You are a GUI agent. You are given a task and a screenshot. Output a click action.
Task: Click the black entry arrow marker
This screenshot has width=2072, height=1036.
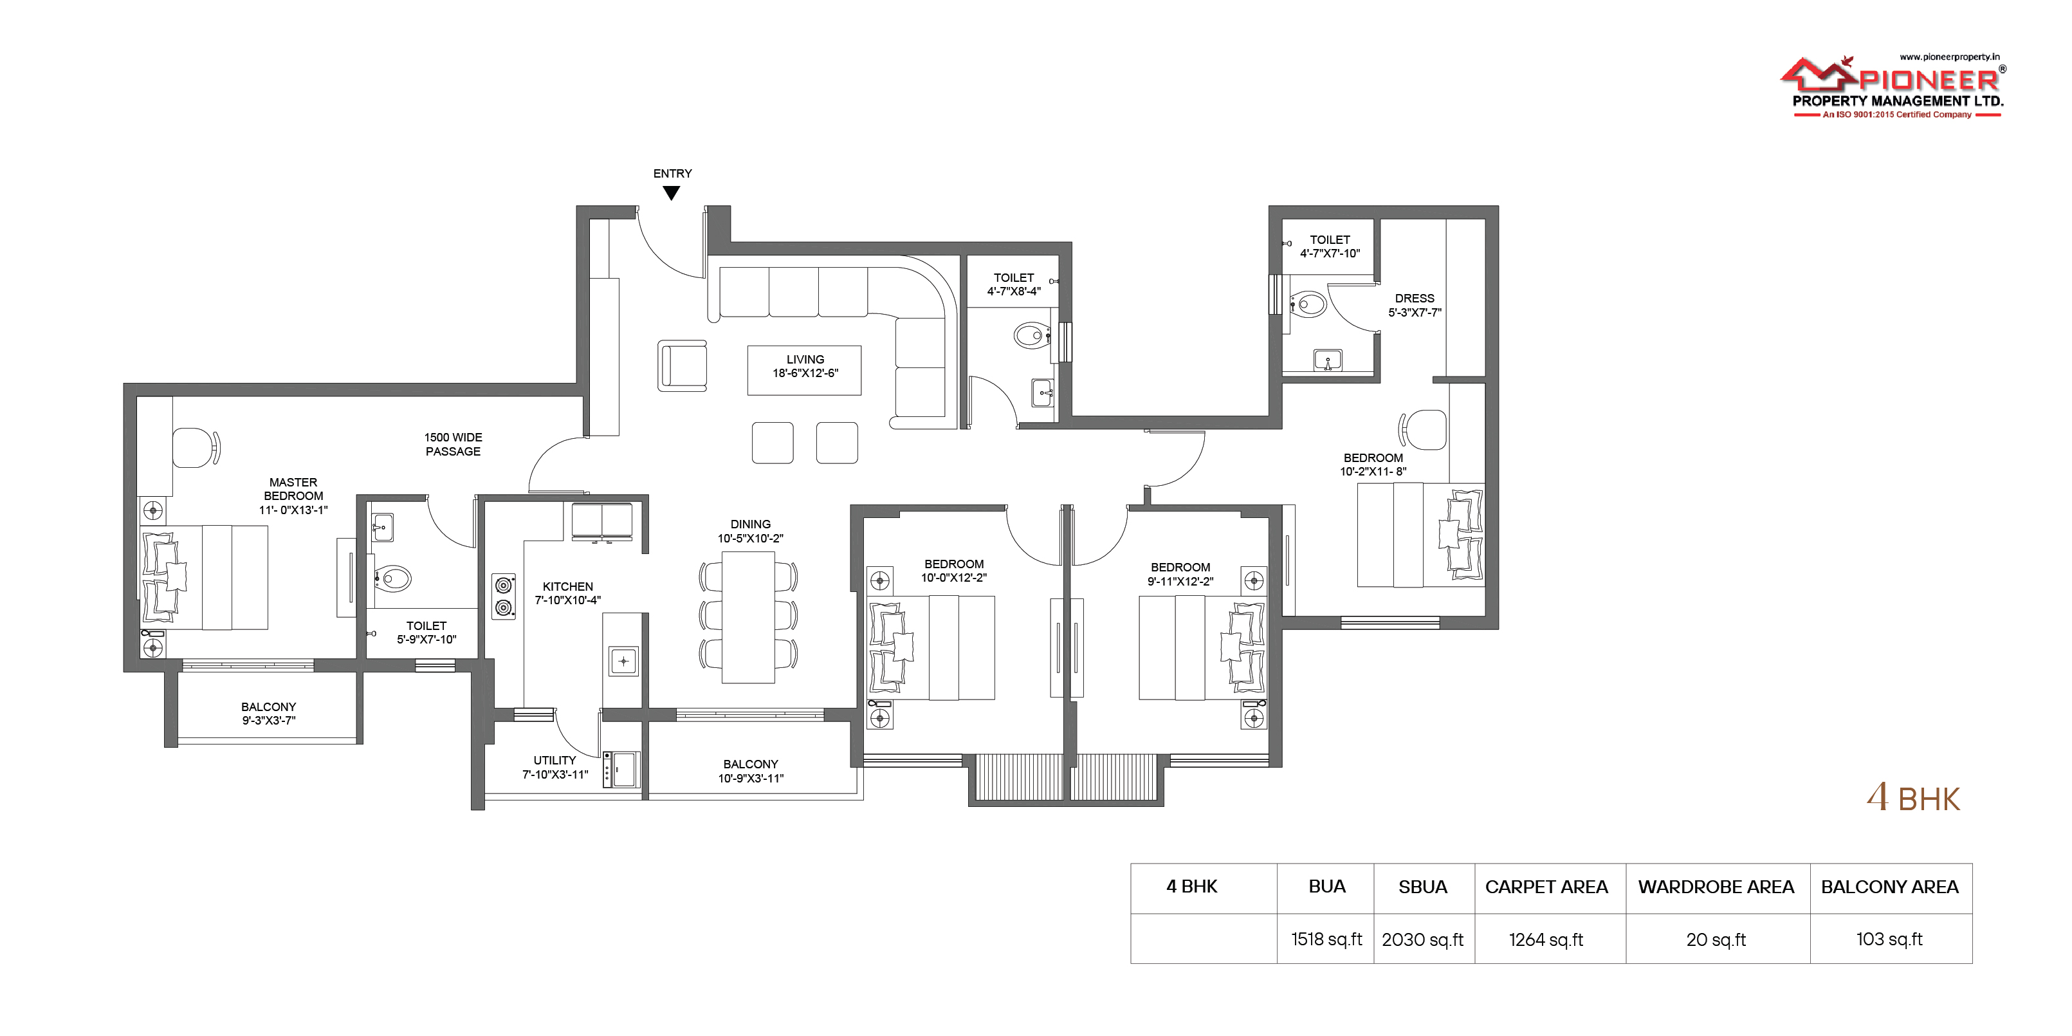click(672, 193)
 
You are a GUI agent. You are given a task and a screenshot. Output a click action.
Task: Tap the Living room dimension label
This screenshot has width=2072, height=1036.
click(805, 373)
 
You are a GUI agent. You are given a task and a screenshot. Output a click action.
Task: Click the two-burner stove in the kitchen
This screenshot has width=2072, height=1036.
click(504, 596)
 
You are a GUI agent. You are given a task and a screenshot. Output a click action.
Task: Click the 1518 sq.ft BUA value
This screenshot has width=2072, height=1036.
click(1326, 939)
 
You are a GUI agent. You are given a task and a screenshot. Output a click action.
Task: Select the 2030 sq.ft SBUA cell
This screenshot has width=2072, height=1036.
click(1422, 939)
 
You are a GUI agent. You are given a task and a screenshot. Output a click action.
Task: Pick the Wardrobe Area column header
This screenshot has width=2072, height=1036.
click(1716, 887)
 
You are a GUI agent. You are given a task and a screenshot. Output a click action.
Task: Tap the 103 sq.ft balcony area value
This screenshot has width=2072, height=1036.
click(1889, 939)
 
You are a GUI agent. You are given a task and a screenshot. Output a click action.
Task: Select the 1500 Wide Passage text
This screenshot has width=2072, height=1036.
click(453, 444)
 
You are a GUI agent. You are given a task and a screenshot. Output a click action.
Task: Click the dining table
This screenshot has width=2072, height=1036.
click(748, 617)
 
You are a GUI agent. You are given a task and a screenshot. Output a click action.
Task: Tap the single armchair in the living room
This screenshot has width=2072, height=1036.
click(682, 366)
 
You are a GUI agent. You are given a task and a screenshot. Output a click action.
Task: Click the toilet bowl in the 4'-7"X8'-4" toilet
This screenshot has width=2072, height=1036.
click(1031, 335)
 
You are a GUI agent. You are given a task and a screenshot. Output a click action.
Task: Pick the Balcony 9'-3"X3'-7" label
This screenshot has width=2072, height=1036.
click(269, 714)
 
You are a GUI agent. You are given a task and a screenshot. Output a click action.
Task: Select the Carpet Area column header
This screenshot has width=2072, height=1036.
click(1546, 887)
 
